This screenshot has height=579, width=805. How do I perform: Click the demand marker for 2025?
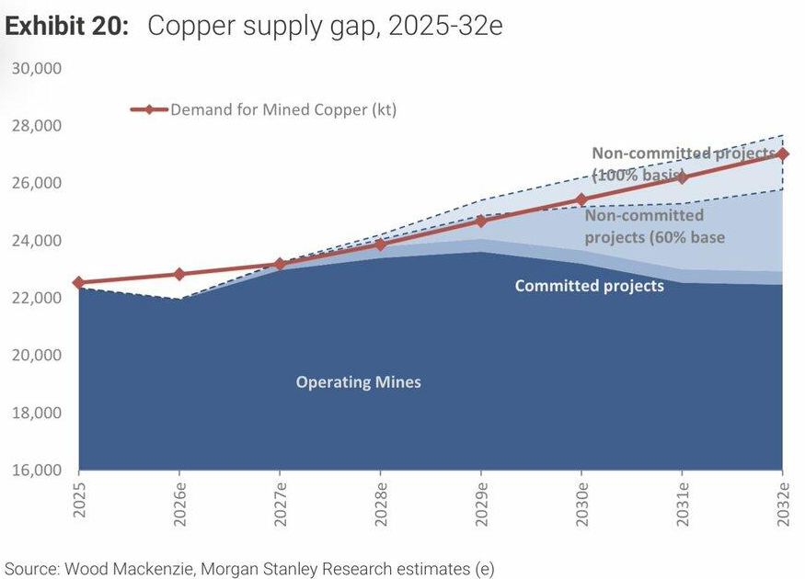pos(78,282)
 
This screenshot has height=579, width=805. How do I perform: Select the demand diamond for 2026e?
pos(179,274)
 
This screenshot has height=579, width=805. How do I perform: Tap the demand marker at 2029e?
pos(481,221)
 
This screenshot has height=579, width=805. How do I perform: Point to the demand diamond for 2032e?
pos(782,153)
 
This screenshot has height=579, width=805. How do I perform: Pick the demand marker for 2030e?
pos(581,199)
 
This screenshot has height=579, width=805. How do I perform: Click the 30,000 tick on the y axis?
pos(37,68)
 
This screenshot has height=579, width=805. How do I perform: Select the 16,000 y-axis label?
pos(37,470)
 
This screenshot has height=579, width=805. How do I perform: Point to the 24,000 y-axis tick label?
pos(37,241)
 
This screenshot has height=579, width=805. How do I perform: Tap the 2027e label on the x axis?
pos(281,505)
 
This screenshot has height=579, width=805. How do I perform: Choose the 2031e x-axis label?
pos(683,505)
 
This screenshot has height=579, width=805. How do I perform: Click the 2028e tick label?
pos(381,505)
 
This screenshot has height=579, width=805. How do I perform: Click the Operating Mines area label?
pos(359,382)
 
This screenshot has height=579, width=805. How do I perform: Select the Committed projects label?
pos(590,286)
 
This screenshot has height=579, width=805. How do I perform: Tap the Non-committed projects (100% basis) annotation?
pos(684,165)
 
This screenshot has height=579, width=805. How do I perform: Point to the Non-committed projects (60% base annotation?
pos(654,226)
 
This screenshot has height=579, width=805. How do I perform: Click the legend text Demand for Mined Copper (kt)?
pos(283,109)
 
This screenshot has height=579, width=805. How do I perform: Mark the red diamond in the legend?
pos(149,109)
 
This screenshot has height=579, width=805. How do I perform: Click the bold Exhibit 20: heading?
pos(67,26)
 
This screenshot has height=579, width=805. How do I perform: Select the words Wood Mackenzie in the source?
pos(130,569)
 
